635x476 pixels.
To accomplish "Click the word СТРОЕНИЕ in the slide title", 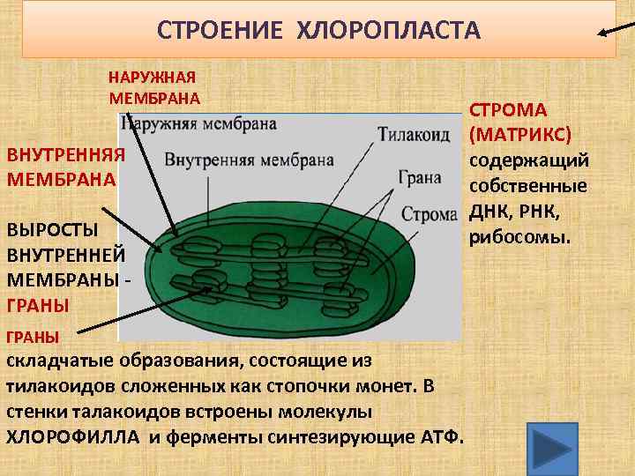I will pos(220,32).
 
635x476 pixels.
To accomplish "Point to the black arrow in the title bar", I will pos(613,31).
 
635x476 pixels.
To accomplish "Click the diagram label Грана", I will pos(419,177).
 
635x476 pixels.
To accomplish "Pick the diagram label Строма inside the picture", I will pos(430,214).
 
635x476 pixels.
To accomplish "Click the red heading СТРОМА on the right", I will pos(507,110).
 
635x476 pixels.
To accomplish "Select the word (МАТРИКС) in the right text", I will pos(520,136).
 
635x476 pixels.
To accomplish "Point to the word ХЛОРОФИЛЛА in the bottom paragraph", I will pos(73,437).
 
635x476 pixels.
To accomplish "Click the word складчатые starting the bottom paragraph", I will pos(62,361).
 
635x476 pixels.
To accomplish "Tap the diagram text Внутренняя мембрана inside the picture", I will pos(249,160).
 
